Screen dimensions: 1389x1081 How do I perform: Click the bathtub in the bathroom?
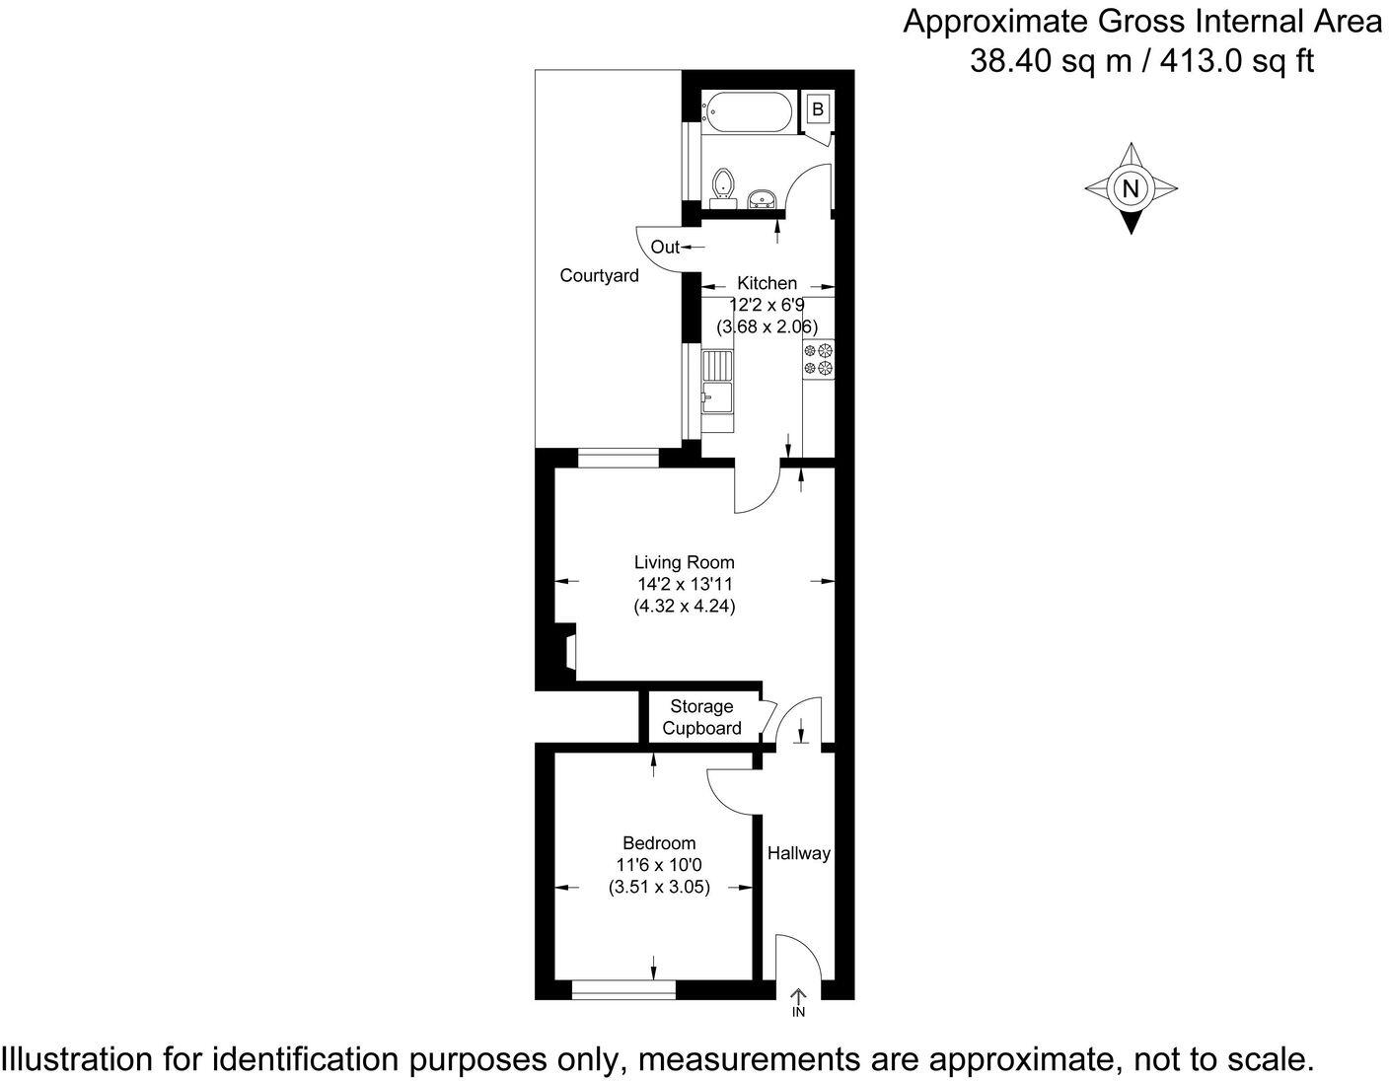(747, 112)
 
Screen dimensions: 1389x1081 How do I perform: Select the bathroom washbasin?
(761, 199)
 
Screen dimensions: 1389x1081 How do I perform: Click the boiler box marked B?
(818, 109)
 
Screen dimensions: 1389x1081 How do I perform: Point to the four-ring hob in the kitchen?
(819, 359)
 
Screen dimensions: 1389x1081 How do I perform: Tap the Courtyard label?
(599, 275)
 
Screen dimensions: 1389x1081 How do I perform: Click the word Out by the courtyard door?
(665, 247)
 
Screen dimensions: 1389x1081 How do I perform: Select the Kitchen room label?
(768, 283)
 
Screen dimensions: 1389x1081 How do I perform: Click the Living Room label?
(684, 562)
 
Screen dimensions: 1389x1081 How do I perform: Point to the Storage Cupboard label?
(701, 717)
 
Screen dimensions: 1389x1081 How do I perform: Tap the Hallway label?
(798, 853)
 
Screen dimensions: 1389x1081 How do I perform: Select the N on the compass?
(1131, 189)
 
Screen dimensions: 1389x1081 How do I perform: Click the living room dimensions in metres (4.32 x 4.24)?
(684, 606)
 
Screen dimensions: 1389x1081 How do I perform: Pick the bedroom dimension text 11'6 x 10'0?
(659, 865)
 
